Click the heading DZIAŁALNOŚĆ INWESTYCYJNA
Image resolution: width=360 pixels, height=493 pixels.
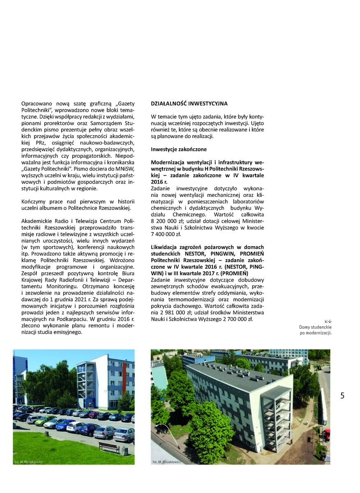click(189, 104)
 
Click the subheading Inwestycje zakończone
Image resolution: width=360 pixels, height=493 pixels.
click(179, 149)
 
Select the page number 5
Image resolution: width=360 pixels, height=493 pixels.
click(342, 396)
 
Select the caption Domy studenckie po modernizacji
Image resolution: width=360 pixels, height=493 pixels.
click(315, 330)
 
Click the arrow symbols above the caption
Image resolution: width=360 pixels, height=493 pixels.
click(328, 321)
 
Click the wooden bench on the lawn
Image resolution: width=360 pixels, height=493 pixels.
click(109, 447)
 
